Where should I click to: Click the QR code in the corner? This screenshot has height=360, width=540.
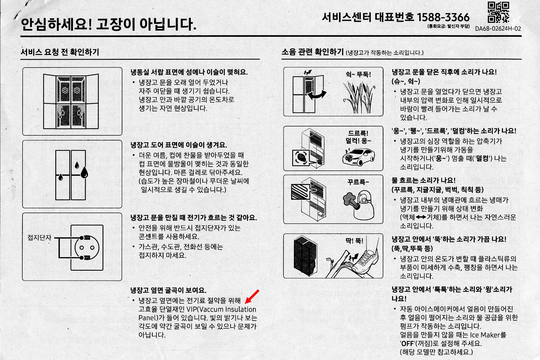click(498, 12)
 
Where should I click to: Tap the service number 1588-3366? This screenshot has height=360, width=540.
click(443, 17)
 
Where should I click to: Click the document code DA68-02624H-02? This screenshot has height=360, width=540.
click(498, 29)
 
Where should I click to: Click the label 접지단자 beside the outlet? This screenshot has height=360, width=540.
click(39, 237)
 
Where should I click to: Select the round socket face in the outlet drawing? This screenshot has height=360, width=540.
click(87, 248)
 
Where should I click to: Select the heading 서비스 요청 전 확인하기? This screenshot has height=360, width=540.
click(60, 52)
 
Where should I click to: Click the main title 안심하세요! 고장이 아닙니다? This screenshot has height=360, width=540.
click(108, 24)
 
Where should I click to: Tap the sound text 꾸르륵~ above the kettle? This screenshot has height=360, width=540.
click(358, 182)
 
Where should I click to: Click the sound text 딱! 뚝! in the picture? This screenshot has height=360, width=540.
click(354, 241)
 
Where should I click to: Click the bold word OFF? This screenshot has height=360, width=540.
click(407, 344)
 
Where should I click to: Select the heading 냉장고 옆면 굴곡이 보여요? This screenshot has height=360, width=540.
click(168, 290)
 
